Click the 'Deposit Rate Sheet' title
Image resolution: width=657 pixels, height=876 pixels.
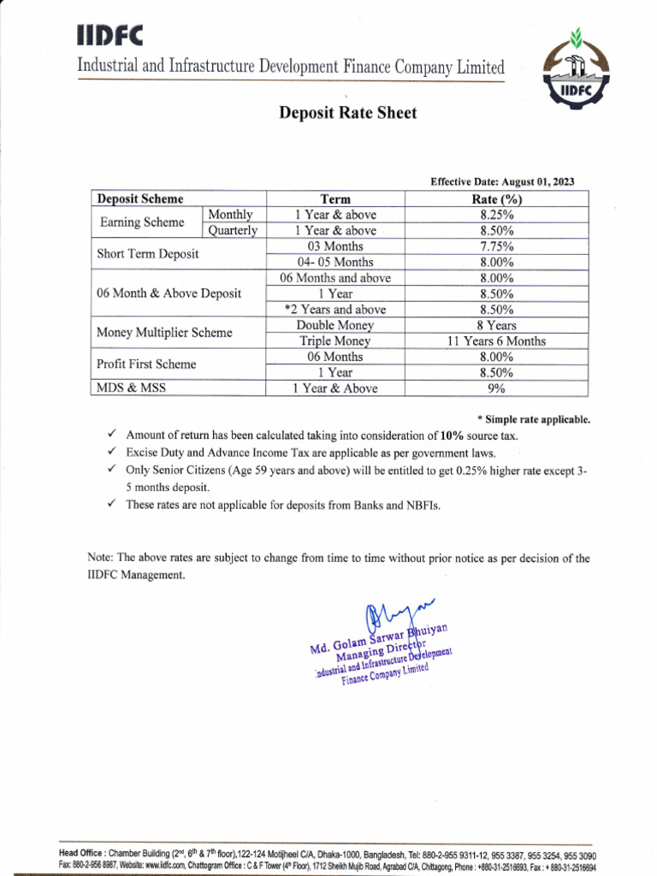(347, 113)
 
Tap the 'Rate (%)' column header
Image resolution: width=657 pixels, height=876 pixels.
(497, 199)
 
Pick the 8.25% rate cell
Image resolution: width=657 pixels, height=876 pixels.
(497, 215)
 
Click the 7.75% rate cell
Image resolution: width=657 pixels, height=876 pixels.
(497, 246)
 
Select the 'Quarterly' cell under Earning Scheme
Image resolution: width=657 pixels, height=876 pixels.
(234, 231)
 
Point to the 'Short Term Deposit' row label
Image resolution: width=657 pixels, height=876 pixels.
(148, 254)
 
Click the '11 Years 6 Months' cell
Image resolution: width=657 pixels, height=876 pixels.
(497, 341)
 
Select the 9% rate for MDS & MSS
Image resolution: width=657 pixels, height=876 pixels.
(497, 388)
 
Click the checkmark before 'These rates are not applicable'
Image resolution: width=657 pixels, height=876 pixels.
(112, 505)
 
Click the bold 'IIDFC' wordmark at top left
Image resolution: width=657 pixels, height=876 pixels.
(110, 34)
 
